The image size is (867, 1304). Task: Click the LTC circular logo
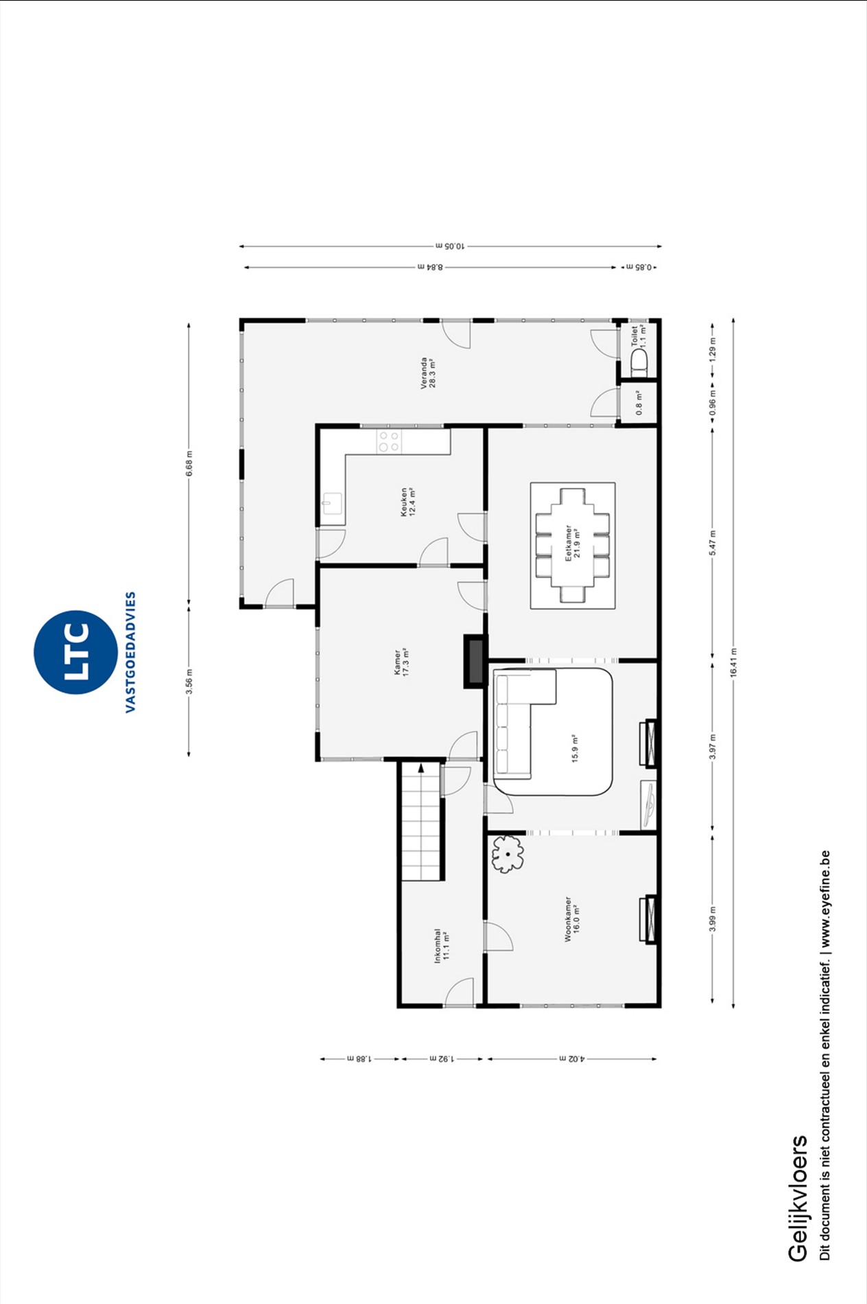(75, 652)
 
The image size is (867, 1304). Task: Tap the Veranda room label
(428, 373)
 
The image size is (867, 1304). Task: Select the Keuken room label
(408, 502)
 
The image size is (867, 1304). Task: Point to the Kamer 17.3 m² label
(401, 662)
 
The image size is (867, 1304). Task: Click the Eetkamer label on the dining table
(573, 544)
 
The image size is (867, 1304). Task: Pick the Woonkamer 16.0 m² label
(572, 918)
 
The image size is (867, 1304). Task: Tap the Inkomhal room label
(442, 946)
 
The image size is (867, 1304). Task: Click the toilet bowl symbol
(639, 363)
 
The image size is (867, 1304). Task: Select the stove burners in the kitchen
(389, 441)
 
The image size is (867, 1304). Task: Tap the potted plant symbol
(508, 854)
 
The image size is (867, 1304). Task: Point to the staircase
(421, 821)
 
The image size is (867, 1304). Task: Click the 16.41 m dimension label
(733, 663)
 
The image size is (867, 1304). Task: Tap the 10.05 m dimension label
(450, 246)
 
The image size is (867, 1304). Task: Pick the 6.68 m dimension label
(189, 463)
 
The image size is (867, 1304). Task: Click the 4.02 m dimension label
(571, 1059)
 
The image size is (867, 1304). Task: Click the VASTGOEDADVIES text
(130, 652)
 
